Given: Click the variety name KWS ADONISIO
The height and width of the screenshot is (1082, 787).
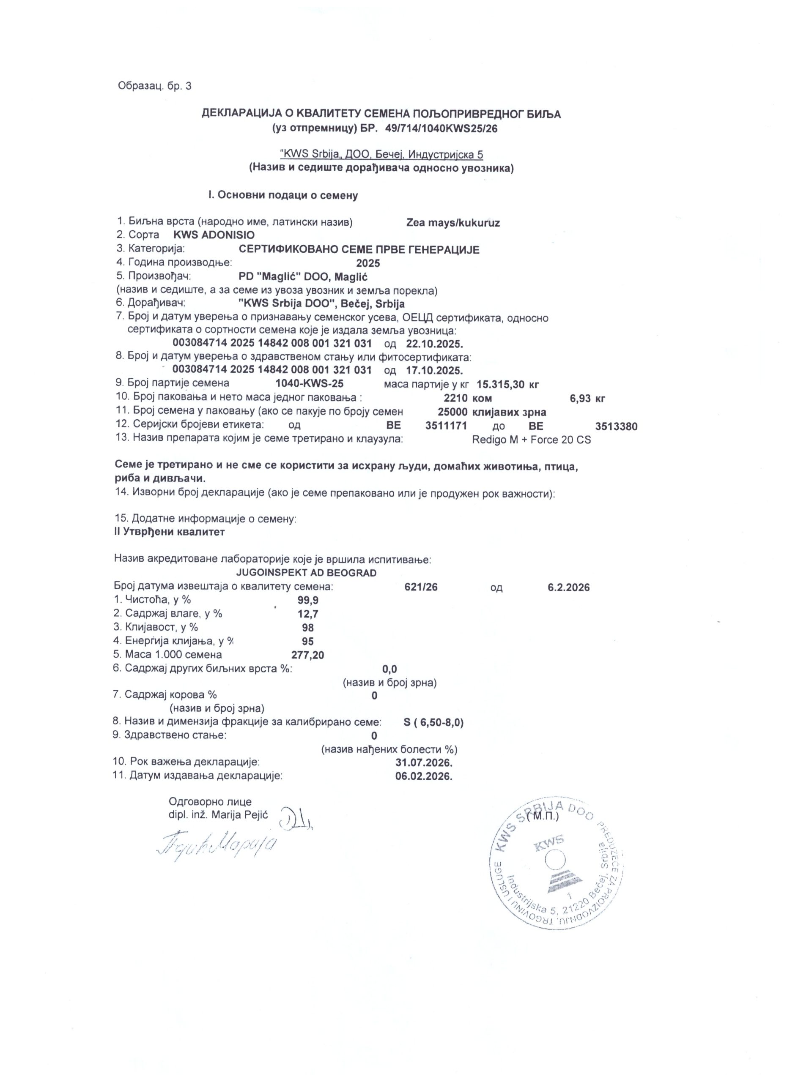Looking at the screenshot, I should click(x=214, y=235).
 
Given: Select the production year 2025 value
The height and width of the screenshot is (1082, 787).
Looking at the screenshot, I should click(x=368, y=263).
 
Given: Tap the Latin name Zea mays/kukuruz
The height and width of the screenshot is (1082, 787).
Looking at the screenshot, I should click(x=453, y=222).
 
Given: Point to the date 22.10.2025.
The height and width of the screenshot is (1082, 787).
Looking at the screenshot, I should click(x=435, y=344).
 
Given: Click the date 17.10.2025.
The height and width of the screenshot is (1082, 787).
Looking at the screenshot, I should click(x=435, y=370).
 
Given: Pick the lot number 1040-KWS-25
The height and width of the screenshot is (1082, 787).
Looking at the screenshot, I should click(x=309, y=383).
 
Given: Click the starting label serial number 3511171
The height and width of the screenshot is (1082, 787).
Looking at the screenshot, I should click(x=446, y=426).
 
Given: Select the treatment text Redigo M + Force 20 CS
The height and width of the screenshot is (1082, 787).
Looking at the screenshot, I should click(x=531, y=440).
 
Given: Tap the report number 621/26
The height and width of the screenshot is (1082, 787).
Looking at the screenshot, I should click(x=420, y=587).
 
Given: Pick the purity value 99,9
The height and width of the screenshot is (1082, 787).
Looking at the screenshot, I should click(x=308, y=600).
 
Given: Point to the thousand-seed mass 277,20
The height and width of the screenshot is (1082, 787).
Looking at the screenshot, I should click(x=307, y=655).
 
